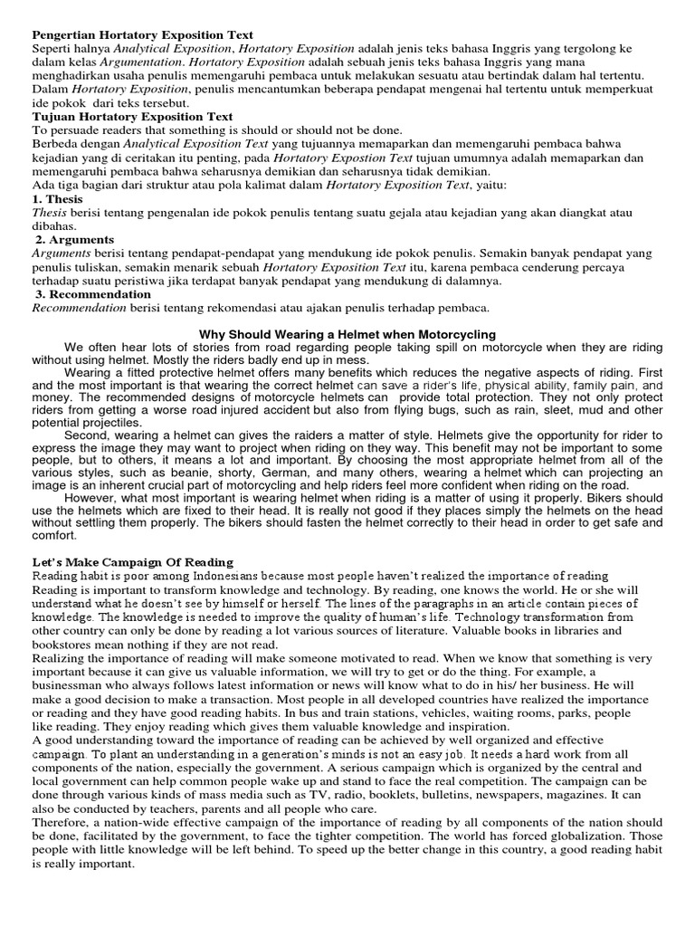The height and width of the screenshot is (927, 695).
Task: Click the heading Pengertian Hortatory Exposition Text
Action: [143, 34]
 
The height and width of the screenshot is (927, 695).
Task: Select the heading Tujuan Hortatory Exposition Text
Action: [132, 117]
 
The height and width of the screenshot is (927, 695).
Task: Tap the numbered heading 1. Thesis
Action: [57, 198]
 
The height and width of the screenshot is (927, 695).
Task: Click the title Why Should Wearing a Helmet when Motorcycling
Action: [347, 335]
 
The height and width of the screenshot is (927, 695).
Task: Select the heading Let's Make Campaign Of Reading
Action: [132, 562]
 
